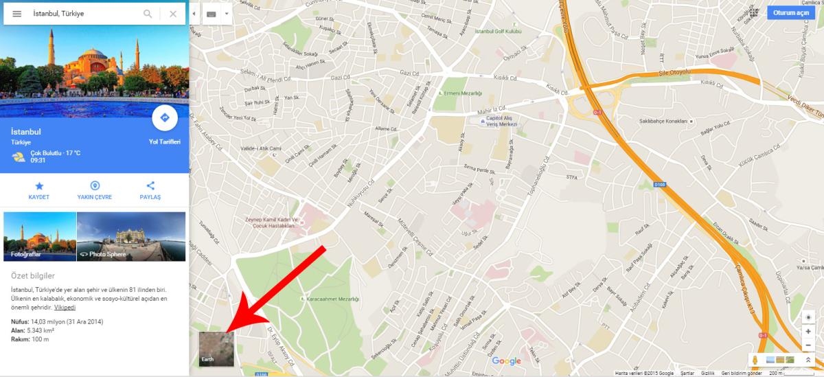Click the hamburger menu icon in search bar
coord(17,14)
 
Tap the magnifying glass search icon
coord(148,14)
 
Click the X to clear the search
coord(173,14)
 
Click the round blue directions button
coord(165,118)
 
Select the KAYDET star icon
coord(39,185)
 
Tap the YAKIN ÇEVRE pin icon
coord(95,185)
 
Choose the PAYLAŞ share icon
coord(150,185)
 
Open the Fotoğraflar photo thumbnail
coord(40,237)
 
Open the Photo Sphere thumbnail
coord(131,237)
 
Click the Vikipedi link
coord(65,307)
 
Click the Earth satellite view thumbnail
coord(216,348)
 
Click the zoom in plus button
coord(808,331)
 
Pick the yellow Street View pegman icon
coord(755,360)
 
